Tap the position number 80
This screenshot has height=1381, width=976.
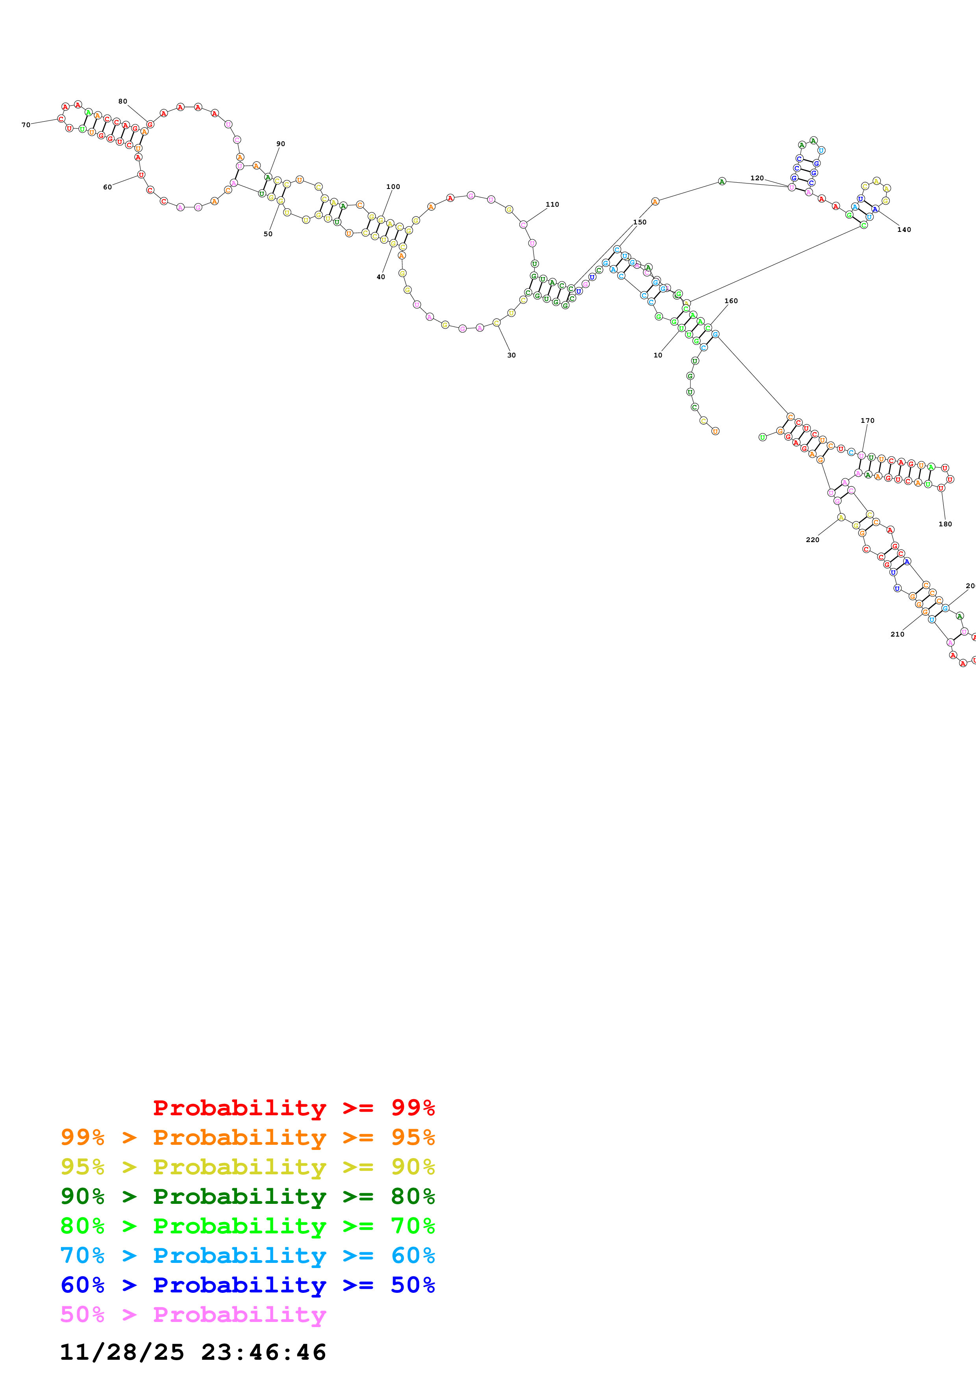123,102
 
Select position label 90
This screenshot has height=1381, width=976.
281,144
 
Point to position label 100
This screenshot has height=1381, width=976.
393,187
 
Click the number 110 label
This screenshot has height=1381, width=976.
552,204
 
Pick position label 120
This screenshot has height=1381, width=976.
757,178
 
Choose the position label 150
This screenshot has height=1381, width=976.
640,222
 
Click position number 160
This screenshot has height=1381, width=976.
731,301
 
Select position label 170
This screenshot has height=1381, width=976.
867,420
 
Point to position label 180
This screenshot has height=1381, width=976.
945,524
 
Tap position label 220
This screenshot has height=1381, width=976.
813,540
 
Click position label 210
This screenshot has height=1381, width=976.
897,634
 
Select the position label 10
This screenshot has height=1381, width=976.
658,355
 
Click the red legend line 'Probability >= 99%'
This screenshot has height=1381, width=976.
293,1108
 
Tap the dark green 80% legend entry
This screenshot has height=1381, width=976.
247,1196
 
